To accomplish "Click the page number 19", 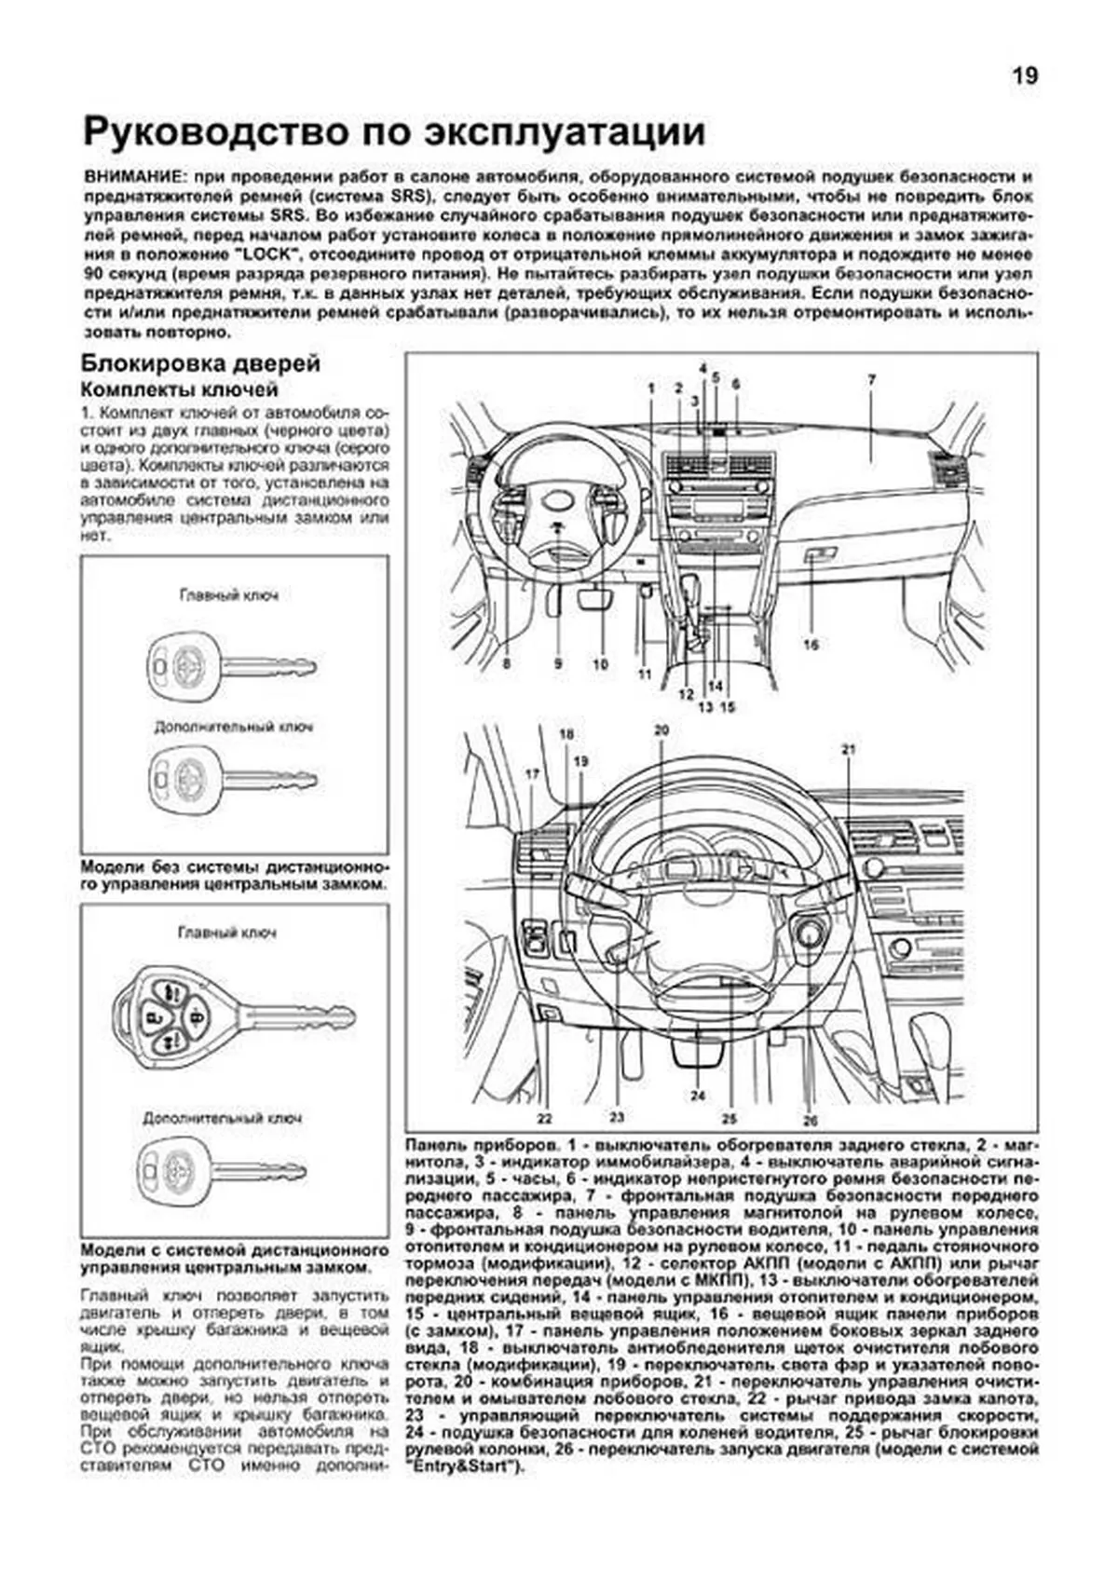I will [1025, 76].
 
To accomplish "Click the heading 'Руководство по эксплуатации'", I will [394, 132].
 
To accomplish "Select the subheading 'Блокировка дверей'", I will [200, 363].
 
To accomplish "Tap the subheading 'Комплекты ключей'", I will [180, 389].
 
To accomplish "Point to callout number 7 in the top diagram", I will [871, 380].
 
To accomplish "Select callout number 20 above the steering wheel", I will [661, 730].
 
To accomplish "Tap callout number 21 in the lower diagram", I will [847, 750].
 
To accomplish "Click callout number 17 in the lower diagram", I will [532, 774].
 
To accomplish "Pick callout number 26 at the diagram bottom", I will [810, 1121].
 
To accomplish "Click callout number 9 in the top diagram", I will [557, 664].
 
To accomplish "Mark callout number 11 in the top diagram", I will [644, 674].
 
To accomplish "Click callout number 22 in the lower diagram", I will [544, 1118].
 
